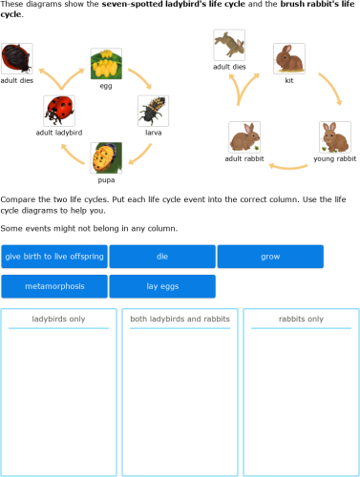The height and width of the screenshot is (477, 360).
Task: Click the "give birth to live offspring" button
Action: pyautogui.click(x=54, y=257)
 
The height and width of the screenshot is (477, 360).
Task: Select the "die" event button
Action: pyautogui.click(x=162, y=257)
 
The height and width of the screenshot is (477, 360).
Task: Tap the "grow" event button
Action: pyautogui.click(x=270, y=257)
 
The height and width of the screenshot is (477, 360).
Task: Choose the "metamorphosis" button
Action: pyautogui.click(x=54, y=286)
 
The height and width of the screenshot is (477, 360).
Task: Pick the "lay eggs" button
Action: pyautogui.click(x=162, y=286)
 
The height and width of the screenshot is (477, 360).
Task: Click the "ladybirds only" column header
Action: pyautogui.click(x=59, y=320)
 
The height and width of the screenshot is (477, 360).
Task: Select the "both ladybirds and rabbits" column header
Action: pyautogui.click(x=180, y=320)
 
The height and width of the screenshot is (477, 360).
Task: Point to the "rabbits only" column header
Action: pyautogui.click(x=301, y=320)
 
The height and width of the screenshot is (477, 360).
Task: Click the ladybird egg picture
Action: pyautogui.click(x=105, y=65)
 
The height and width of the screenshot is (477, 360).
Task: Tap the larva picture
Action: pyautogui.click(x=153, y=111)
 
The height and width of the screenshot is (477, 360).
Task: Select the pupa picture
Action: pyautogui.click(x=106, y=157)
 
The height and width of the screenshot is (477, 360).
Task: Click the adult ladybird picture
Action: pyautogui.click(x=59, y=111)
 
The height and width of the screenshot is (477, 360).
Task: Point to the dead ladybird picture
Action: pyautogui.click(x=17, y=59)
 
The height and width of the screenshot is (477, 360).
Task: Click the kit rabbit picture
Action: pyautogui.click(x=288, y=59)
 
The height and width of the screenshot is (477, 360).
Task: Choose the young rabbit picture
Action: pyautogui.click(x=334, y=136)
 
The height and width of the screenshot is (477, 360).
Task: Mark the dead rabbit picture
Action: pyautogui.click(x=229, y=45)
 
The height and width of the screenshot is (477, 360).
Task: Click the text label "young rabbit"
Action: pyautogui.click(x=334, y=159)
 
